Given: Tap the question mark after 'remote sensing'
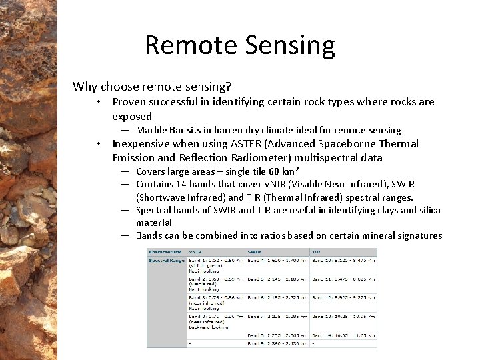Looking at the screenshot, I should (229, 87).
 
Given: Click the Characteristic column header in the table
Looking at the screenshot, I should (165, 252).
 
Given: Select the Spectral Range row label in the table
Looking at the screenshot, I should (166, 260).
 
